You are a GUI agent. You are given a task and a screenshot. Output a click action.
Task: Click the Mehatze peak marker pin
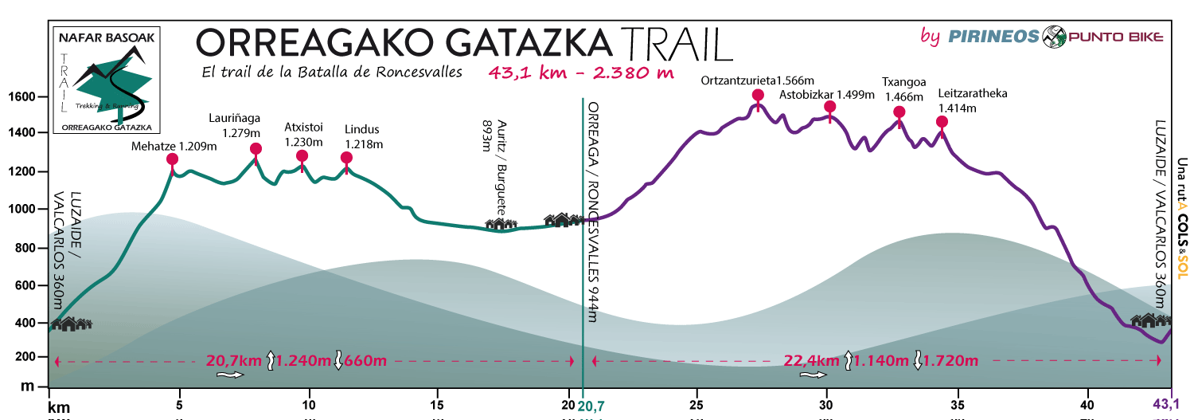coord(172,159)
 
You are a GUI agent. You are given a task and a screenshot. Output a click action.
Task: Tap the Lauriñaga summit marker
coord(256,149)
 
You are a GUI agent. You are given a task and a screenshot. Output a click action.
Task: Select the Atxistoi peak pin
coord(302,157)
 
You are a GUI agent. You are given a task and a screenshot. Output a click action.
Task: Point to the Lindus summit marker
coord(346,158)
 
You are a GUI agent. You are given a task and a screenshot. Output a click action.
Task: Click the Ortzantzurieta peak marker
coord(758,96)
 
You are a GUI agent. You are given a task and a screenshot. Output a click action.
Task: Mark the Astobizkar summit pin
coord(830,107)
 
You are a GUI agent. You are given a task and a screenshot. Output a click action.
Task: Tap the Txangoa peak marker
coord(899,112)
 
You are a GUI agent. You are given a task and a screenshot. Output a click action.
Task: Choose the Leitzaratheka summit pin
coord(942,122)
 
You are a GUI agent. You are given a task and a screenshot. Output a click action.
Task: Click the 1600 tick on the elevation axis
coord(23,97)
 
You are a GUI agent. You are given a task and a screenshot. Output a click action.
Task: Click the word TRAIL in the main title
coord(676,43)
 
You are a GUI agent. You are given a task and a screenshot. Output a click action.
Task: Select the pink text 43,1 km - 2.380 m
coord(582,73)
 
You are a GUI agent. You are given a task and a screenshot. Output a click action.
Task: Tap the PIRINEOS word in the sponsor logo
coord(993,36)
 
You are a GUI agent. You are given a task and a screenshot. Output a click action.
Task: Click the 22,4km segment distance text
coord(812,361)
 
